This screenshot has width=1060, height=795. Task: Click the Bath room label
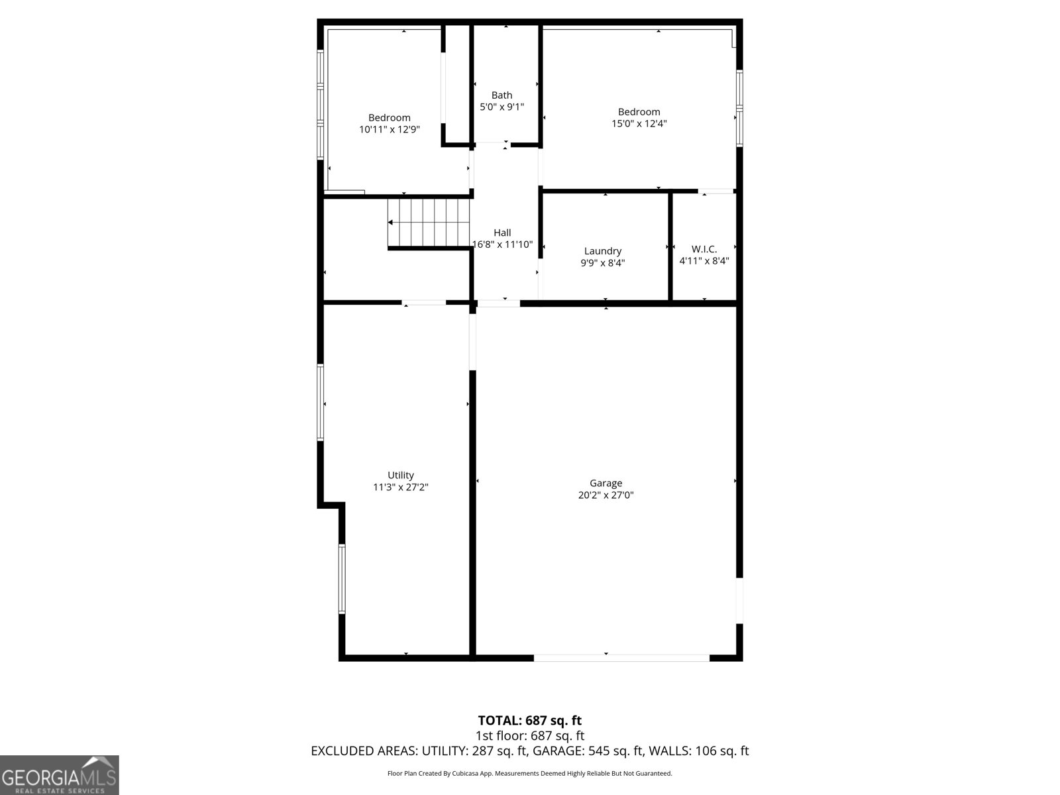[x=502, y=95]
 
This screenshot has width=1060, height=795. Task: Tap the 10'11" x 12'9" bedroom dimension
[x=390, y=130]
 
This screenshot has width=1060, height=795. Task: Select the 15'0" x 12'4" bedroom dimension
[x=639, y=123]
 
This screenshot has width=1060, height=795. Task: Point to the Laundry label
[x=603, y=251]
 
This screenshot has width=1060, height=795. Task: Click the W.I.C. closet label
[x=704, y=249]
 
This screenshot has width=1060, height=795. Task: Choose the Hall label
[x=502, y=233]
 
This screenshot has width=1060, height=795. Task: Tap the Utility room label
[x=401, y=475]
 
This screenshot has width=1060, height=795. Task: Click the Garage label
[x=606, y=484]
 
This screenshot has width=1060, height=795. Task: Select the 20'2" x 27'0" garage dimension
[x=606, y=495]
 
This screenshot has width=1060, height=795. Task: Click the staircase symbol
[x=429, y=223]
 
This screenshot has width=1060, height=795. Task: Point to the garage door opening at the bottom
[x=621, y=657]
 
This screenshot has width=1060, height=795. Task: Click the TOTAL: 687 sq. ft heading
[x=530, y=720]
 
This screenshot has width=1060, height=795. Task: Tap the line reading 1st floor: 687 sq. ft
[x=530, y=735]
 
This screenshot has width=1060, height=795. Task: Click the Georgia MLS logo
[x=60, y=775]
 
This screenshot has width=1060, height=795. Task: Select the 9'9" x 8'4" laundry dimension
[x=603, y=262]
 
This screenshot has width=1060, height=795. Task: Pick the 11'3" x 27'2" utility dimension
[x=401, y=487]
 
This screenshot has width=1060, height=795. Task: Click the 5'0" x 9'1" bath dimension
[x=502, y=107]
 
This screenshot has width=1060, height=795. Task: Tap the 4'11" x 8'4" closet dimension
[x=704, y=261]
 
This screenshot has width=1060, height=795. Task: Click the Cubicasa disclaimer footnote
[x=530, y=773]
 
